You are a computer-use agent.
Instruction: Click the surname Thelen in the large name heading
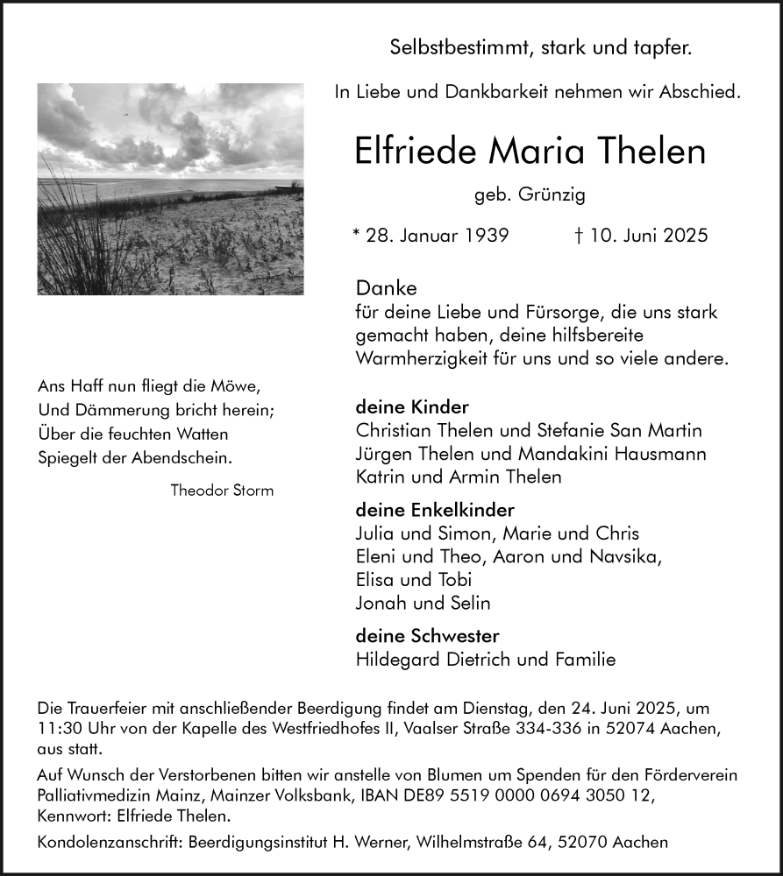pyautogui.click(x=644, y=152)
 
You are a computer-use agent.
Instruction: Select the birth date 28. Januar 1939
pyautogui.click(x=436, y=237)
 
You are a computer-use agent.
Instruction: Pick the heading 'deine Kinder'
pyautogui.click(x=412, y=407)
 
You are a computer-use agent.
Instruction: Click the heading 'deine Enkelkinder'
pyautogui.click(x=435, y=510)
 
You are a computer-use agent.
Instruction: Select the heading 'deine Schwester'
pyautogui.click(x=427, y=636)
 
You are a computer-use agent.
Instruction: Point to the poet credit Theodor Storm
pyautogui.click(x=222, y=491)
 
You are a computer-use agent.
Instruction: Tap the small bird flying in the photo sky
pyautogui.click(x=124, y=114)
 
